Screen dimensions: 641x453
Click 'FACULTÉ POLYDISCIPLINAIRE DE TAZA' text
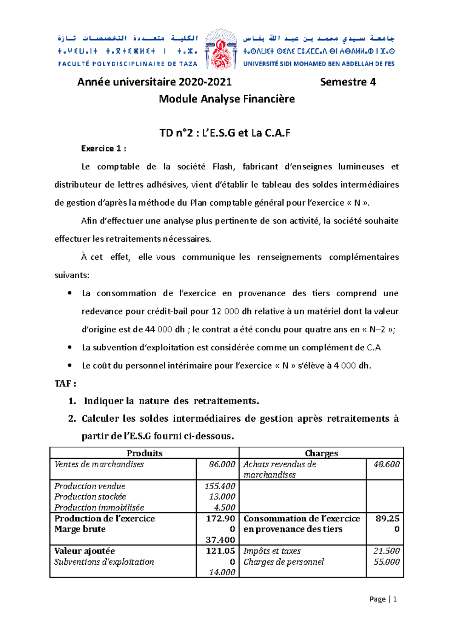click(128, 64)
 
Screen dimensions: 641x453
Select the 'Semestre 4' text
click(348, 82)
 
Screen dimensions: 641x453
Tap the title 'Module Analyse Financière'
click(226, 99)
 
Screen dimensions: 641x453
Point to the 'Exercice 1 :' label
click(103, 149)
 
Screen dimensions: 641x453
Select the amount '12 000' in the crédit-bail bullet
click(225, 311)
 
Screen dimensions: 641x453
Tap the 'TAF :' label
click(65, 384)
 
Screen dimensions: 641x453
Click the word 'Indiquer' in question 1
click(103, 401)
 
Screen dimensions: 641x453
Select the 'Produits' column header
click(145, 453)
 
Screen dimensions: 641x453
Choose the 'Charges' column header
click(321, 453)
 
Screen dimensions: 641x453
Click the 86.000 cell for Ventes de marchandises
click(222, 464)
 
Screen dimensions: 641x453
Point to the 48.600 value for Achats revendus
click(386, 464)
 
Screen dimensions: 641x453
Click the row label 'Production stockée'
click(90, 497)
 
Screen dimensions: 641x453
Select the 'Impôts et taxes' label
click(272, 551)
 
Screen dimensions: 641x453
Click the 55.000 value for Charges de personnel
click(386, 562)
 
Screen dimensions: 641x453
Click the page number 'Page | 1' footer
click(383, 599)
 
